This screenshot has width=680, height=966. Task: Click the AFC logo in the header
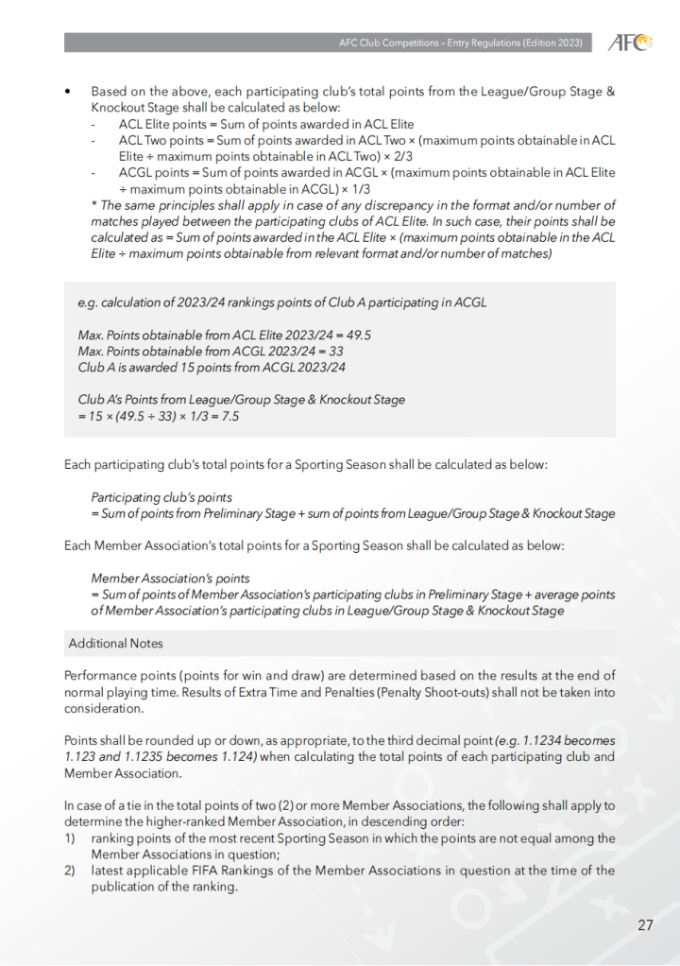click(629, 43)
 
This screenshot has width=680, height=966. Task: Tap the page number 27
click(645, 925)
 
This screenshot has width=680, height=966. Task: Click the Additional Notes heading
click(115, 644)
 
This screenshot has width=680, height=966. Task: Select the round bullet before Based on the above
click(68, 92)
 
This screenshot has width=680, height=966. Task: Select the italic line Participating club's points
click(161, 497)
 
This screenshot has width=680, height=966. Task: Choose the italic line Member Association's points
click(170, 578)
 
